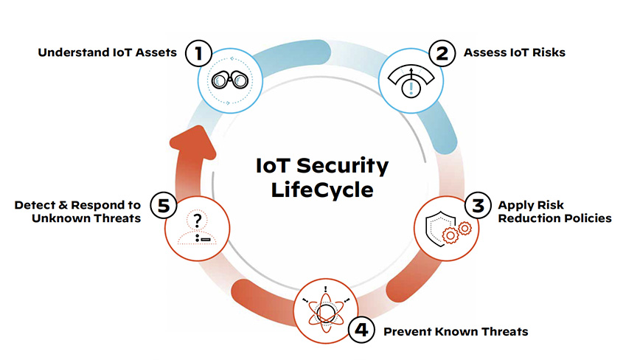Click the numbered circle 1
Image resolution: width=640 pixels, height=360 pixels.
pos(198,53)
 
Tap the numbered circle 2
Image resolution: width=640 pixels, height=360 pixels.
pos(442,53)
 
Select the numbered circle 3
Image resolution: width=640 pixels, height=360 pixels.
pos(478,205)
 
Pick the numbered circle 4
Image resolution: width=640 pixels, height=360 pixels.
pos(361,330)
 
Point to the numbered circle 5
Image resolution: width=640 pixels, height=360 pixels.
pos(163,205)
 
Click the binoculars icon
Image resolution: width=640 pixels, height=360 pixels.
pos(230,80)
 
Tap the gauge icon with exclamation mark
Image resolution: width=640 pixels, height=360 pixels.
pos(411,81)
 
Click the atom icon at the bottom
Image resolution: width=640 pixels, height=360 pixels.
pos(326,310)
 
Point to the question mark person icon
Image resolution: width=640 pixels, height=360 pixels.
pos(198,229)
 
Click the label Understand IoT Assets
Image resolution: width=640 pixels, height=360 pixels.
pos(108,52)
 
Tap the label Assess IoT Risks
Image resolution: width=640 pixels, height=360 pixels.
pos(515,52)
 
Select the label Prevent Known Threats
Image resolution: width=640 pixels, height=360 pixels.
pos(456,331)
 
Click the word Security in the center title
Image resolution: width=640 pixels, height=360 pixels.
pos(342,166)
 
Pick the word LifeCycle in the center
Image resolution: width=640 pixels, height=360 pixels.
pos(322,190)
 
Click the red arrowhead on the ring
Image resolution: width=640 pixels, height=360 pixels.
pos(193,142)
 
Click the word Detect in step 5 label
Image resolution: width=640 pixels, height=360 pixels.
pos(34,205)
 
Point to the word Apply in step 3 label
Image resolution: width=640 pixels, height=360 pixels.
pos(513,206)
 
